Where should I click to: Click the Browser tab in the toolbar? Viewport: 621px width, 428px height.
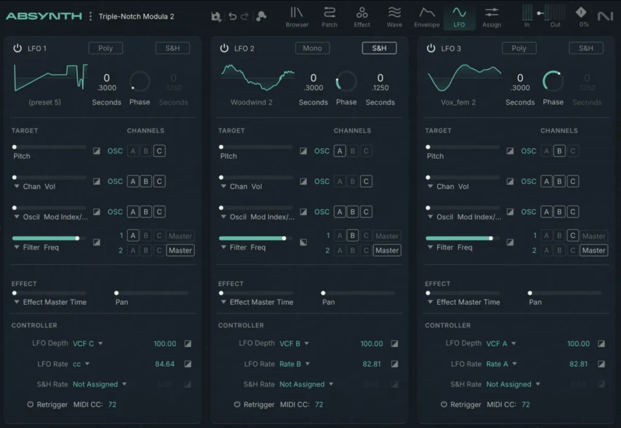point(297,16)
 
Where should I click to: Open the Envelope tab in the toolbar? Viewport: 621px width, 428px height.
point(426,16)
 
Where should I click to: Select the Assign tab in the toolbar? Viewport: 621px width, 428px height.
point(491,16)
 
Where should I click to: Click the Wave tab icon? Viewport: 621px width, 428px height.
point(394,13)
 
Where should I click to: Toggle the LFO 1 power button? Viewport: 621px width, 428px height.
point(18,48)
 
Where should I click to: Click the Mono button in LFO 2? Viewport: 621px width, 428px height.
point(312,48)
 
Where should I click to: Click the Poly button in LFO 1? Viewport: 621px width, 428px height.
point(106,48)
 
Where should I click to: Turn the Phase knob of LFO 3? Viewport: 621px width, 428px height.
point(553,81)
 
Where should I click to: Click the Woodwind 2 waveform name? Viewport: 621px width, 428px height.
point(251,102)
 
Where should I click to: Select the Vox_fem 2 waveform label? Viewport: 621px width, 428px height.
point(458,102)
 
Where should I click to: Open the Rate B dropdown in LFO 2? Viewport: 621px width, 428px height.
point(294,364)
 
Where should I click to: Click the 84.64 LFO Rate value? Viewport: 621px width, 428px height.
point(164,364)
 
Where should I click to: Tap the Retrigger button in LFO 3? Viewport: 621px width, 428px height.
point(444,404)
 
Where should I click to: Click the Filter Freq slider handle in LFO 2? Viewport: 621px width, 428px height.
point(284,238)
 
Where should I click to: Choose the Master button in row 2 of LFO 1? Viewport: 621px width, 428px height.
point(180,250)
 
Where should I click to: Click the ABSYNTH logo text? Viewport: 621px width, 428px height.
point(44,16)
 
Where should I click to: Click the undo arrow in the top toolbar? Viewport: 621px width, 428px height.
point(232,17)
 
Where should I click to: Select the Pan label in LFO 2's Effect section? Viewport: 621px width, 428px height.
point(328,302)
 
